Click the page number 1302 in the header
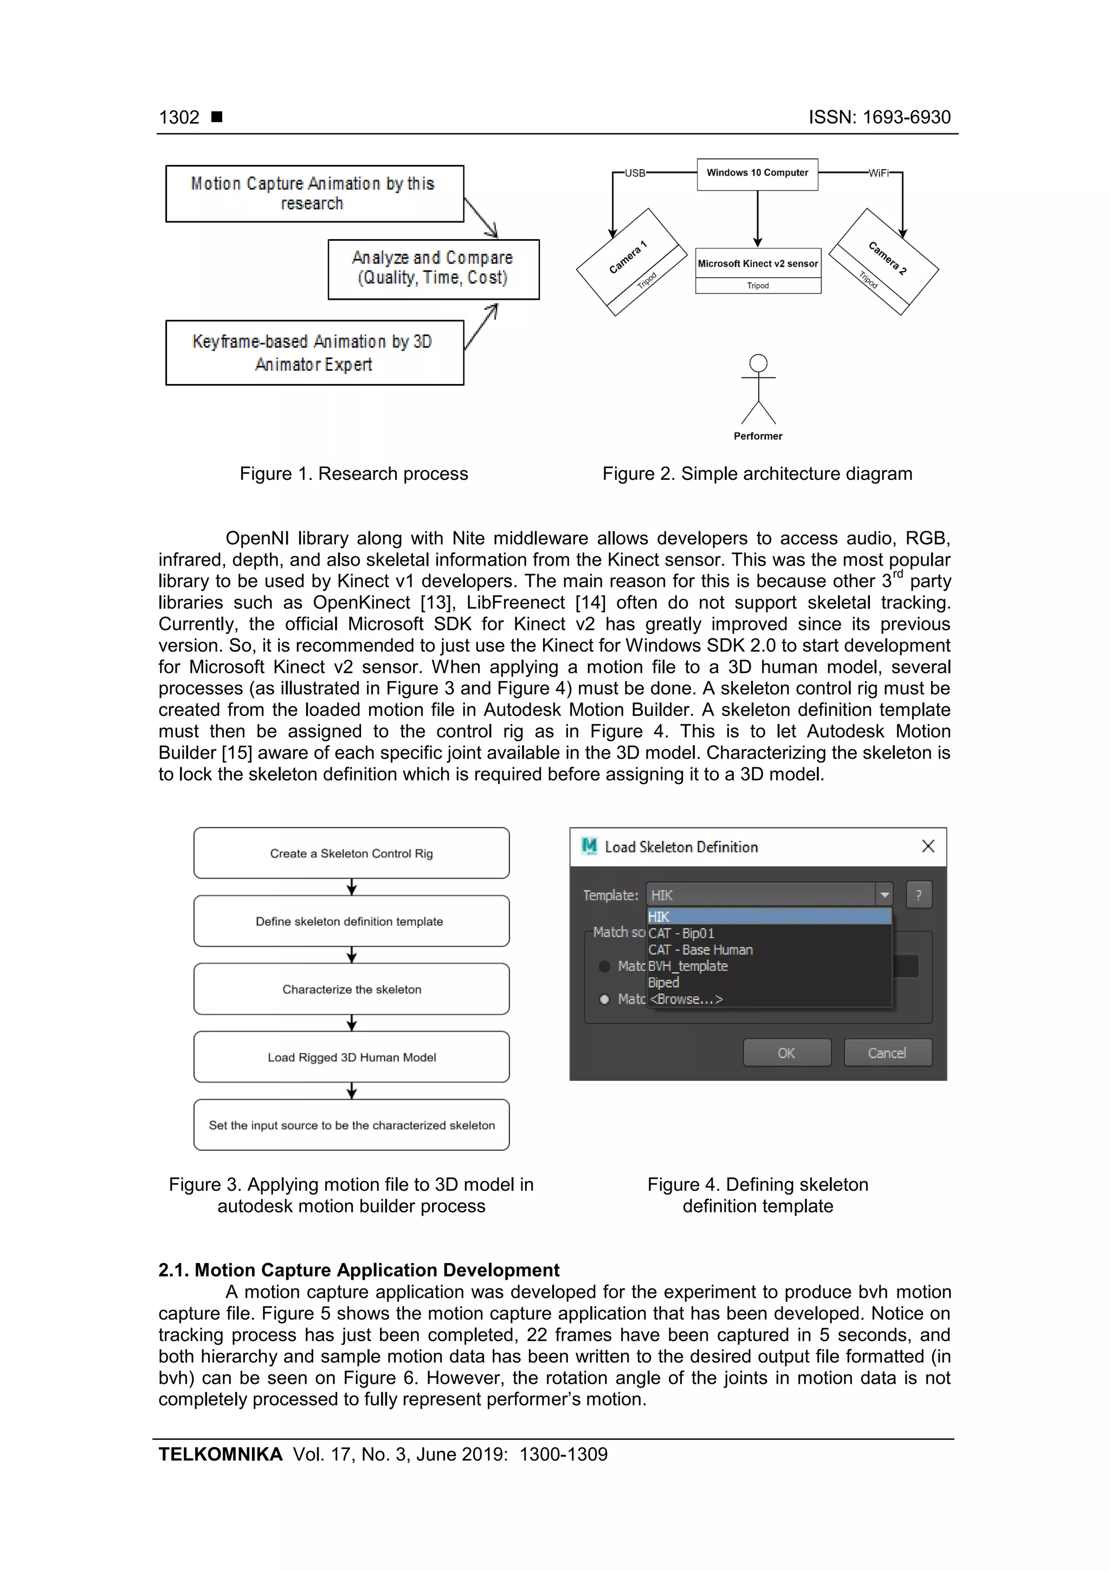click(x=179, y=118)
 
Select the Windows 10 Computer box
click(x=757, y=174)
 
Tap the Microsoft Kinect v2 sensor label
click(x=758, y=264)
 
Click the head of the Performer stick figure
click(x=758, y=363)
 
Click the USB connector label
click(x=635, y=173)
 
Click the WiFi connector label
click(x=879, y=173)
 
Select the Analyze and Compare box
click(x=433, y=268)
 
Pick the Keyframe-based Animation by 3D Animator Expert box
click(x=314, y=352)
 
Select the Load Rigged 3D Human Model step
click(x=352, y=1056)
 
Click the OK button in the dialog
click(x=786, y=1053)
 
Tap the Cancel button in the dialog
click(x=887, y=1053)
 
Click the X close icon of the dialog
click(x=928, y=847)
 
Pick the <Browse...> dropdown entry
click(x=686, y=999)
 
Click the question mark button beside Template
click(x=919, y=894)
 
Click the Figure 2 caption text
click(x=757, y=473)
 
